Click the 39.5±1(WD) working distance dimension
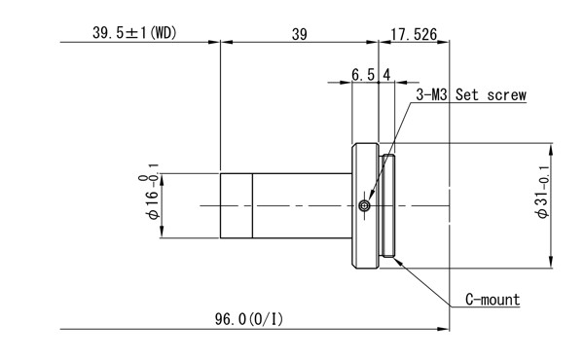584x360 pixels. [x=134, y=33]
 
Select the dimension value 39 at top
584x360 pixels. [x=300, y=35]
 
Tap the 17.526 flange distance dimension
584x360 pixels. [x=414, y=34]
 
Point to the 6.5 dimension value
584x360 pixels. [x=363, y=75]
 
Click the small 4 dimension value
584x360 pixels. [x=386, y=75]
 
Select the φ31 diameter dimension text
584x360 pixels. [x=543, y=192]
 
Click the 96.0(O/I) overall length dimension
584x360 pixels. [x=249, y=319]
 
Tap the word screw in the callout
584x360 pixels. [x=507, y=95]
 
